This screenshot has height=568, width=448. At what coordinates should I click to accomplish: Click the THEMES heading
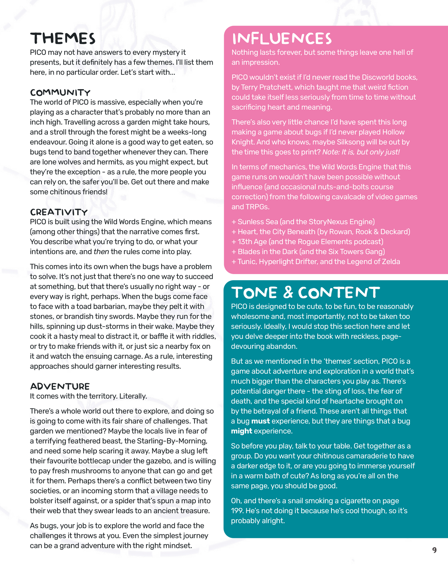(x=63, y=38)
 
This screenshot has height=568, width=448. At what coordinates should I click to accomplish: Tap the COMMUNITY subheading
(x=60, y=92)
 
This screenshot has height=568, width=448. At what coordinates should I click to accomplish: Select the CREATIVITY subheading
(x=59, y=212)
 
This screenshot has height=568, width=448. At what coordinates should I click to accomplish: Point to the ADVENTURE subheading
(x=60, y=386)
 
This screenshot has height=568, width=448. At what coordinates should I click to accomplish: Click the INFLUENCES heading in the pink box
(x=282, y=39)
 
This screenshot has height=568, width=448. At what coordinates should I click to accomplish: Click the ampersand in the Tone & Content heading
(x=288, y=292)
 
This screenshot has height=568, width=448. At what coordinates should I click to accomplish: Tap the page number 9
(x=434, y=550)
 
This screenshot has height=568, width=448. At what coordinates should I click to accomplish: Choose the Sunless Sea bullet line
(x=303, y=222)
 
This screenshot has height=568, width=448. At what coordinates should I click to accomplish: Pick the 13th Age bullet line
(x=307, y=241)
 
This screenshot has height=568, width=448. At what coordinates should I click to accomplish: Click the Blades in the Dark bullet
(x=308, y=251)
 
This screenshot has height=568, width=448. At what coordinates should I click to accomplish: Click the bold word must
(x=260, y=421)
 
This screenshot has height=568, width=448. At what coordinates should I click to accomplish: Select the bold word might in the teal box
(x=242, y=431)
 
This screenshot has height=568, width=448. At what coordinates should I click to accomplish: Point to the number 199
(x=237, y=511)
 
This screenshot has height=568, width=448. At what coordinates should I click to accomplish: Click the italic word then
(x=101, y=251)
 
